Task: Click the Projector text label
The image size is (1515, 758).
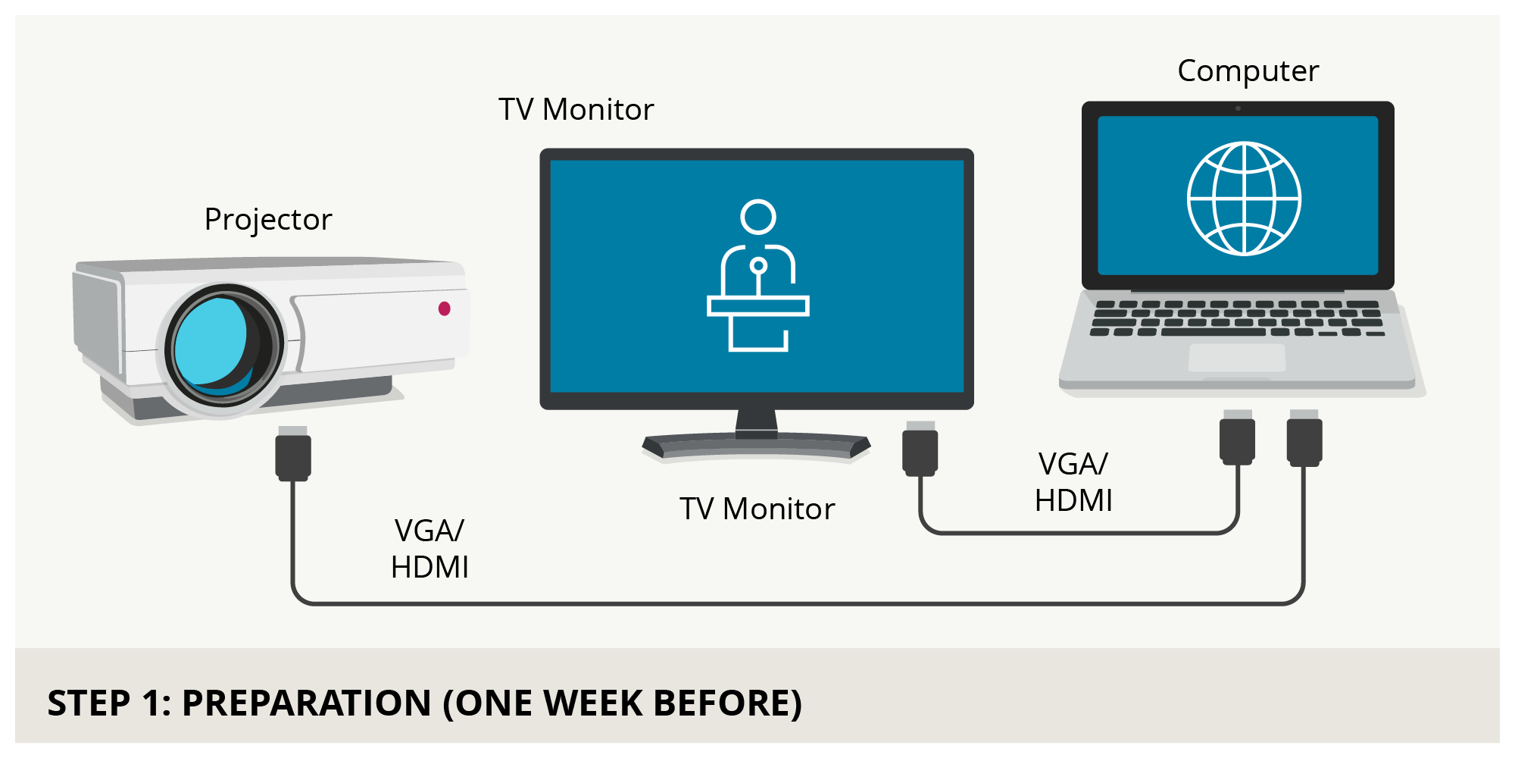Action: (x=268, y=220)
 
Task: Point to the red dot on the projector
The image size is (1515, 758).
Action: (x=445, y=309)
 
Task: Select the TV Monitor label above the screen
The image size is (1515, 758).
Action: (x=576, y=110)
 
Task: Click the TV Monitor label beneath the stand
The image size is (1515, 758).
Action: (x=757, y=509)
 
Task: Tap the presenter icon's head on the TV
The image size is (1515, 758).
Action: (x=758, y=217)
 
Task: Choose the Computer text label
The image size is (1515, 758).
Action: (x=1248, y=71)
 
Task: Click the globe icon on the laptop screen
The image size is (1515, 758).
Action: (x=1244, y=199)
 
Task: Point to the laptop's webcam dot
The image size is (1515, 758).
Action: (x=1238, y=108)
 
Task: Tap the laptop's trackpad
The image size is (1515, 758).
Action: (x=1237, y=358)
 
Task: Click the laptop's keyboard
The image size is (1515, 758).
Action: (x=1237, y=318)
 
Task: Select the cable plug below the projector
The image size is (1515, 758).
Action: (x=293, y=453)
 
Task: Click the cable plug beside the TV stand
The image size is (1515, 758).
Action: (x=920, y=449)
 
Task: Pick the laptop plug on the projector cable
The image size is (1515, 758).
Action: (x=1304, y=438)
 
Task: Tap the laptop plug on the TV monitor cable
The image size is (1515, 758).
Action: (x=1237, y=437)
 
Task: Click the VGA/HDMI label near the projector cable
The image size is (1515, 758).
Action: (x=430, y=549)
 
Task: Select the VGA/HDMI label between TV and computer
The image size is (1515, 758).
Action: (x=1073, y=482)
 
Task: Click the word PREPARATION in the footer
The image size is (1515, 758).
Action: (x=307, y=703)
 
